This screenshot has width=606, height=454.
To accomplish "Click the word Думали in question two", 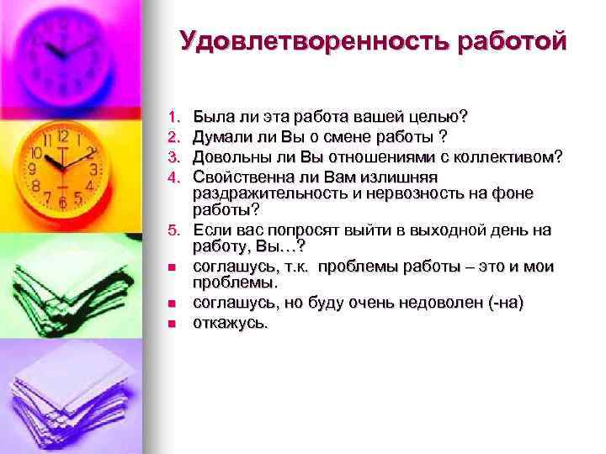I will (221, 135).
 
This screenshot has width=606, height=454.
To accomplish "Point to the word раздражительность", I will (265, 193).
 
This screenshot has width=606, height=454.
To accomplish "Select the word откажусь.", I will (230, 322).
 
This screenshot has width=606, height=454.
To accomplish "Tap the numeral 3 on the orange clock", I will (94, 170).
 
